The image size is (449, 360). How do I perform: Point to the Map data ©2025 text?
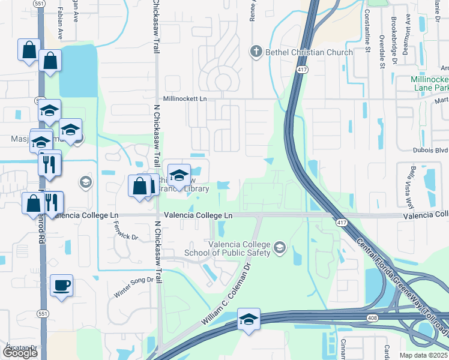click(x=425, y=355)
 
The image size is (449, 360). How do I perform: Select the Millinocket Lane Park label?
click(x=429, y=83)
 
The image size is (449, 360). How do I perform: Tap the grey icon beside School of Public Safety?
click(x=279, y=247)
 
